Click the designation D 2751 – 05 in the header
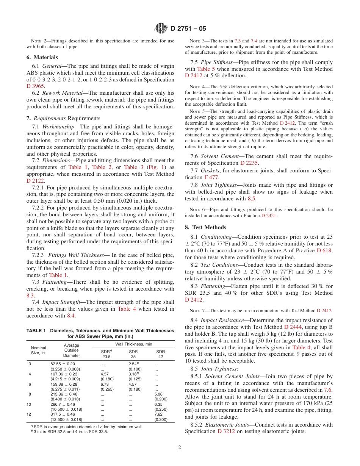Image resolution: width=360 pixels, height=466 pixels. click(x=188, y=28)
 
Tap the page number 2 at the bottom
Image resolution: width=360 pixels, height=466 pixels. click(x=180, y=447)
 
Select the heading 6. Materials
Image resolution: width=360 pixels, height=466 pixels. click(x=42, y=57)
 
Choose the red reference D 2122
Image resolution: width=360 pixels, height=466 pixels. click(x=35, y=181)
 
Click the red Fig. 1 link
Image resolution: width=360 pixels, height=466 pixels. click(x=155, y=167)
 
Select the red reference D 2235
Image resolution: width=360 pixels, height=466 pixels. click(x=249, y=163)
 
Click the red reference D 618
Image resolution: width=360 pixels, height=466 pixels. click(x=324, y=250)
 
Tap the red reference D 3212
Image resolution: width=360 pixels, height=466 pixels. click(x=226, y=432)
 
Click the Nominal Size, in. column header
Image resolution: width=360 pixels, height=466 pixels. click(x=38, y=350)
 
